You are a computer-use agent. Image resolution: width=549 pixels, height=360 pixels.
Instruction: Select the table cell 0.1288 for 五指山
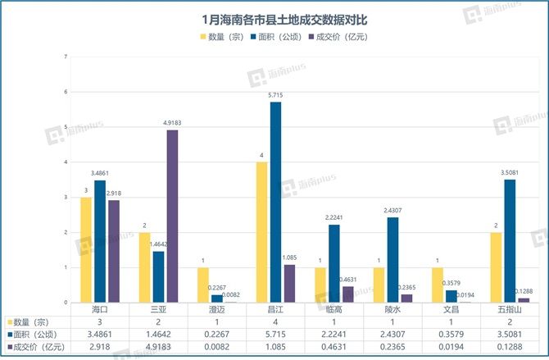coord(510,349)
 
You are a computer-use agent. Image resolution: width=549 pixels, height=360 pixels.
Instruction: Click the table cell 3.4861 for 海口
coord(98,335)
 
